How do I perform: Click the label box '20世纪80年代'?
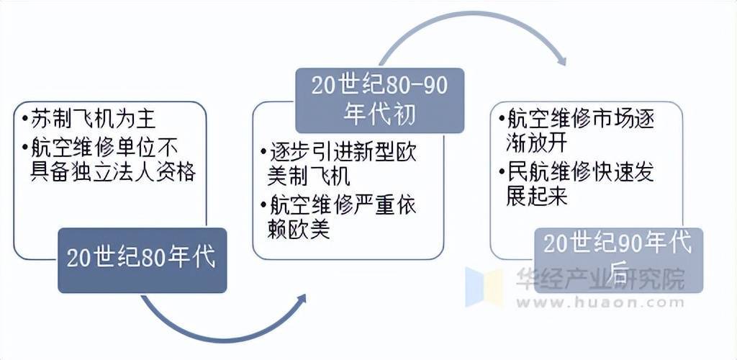pos(142,261)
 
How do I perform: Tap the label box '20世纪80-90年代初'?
pos(379,101)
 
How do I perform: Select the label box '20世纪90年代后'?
pos(618,261)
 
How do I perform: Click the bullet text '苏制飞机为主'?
pos(93,120)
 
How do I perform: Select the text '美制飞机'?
pos(308,178)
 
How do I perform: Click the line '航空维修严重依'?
pos(343,205)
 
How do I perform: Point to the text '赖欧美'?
pos(299,230)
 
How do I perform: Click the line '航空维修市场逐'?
pos(581,120)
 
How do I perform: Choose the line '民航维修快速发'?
pos(581,173)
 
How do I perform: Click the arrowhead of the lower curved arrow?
pos(300,300)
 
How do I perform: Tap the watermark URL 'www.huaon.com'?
pos(600,302)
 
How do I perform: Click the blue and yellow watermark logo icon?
pos(484,287)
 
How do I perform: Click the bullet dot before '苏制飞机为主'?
pos(24,120)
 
